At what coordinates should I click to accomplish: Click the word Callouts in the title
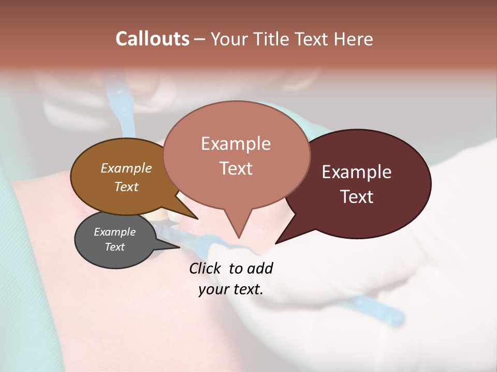pyautogui.click(x=152, y=39)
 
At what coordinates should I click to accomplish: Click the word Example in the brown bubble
pyautogui.click(x=126, y=168)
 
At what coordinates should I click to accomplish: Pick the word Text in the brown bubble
pyautogui.click(x=126, y=187)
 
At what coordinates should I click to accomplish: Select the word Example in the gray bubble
pyautogui.click(x=115, y=232)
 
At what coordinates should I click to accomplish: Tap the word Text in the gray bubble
pyautogui.click(x=115, y=247)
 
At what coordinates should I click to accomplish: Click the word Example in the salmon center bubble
pyautogui.click(x=236, y=144)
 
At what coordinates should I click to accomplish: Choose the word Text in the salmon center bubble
pyautogui.click(x=236, y=168)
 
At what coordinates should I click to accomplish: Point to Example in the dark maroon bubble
pyautogui.click(x=357, y=172)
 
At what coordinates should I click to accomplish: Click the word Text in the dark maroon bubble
pyautogui.click(x=357, y=197)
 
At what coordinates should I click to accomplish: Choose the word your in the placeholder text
pyautogui.click(x=213, y=289)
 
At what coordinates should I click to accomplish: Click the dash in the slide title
pyautogui.click(x=200, y=39)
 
